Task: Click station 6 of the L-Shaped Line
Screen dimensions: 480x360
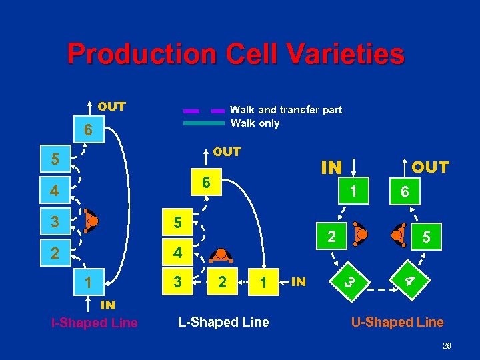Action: [207, 182]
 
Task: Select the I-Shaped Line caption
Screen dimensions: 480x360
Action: [94, 323]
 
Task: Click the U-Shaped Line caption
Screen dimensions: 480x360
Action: [397, 323]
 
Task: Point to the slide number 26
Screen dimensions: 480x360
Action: [447, 346]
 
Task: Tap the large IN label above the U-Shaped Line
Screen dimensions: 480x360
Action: [331, 167]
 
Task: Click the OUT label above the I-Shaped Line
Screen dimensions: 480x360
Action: [111, 107]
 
